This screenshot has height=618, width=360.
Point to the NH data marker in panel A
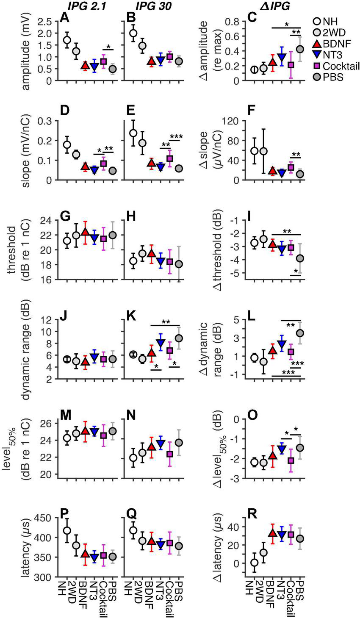[x=67, y=40]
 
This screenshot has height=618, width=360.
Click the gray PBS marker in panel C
[x=301, y=49]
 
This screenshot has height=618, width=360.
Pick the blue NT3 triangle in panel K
[x=161, y=342]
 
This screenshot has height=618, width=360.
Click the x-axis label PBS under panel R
[x=301, y=595]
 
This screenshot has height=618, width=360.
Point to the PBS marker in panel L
[x=301, y=333]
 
